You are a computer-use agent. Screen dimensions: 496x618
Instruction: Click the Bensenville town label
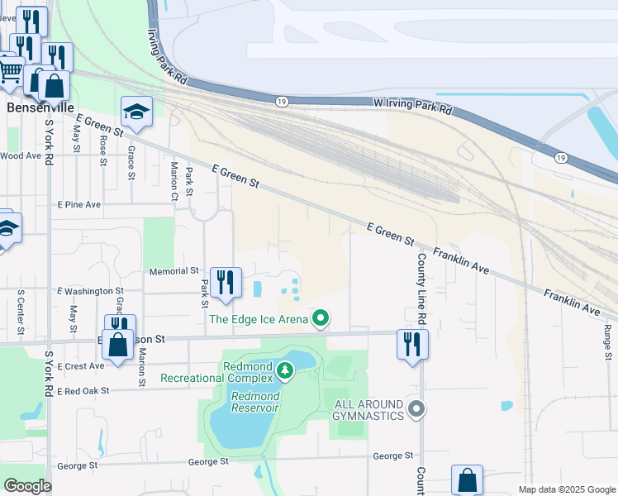(40, 107)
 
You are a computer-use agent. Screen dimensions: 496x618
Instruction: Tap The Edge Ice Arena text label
(259, 319)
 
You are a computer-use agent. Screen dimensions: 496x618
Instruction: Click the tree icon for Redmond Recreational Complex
(285, 370)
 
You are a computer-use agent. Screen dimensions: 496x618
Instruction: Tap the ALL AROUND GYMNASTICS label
(368, 409)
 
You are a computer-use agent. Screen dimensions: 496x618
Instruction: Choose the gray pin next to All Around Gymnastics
(416, 409)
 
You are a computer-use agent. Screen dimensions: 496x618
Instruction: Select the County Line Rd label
(421, 289)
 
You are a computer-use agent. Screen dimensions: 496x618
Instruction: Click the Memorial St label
(174, 271)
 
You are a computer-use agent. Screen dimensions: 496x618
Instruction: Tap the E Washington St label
(90, 291)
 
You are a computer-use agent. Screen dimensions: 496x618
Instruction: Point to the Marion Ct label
(174, 181)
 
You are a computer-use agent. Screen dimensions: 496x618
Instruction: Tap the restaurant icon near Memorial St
(225, 283)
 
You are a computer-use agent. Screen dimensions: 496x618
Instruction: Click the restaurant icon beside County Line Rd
(412, 343)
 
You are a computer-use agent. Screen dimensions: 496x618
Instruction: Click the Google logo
(27, 486)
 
